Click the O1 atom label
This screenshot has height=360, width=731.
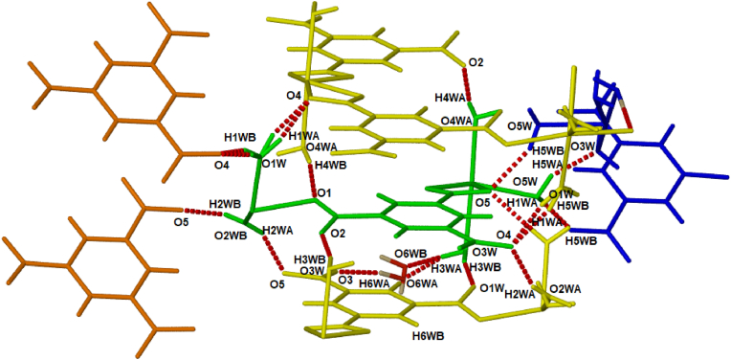[x=323, y=194]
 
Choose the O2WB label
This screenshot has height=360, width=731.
[x=231, y=236]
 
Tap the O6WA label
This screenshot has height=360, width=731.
[x=422, y=283]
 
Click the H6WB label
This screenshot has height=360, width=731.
[x=428, y=335]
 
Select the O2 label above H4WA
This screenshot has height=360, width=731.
[x=476, y=63]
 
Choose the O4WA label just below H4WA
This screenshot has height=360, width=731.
[x=454, y=120]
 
